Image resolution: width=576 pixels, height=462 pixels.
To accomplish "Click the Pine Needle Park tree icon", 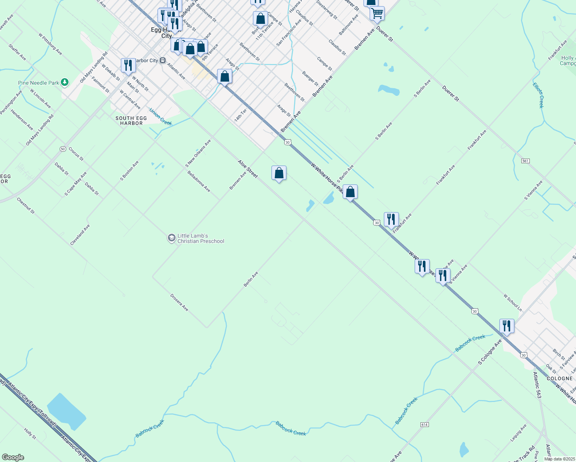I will pos(65,82).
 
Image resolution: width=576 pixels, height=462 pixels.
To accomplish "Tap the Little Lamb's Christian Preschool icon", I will pos(171,238).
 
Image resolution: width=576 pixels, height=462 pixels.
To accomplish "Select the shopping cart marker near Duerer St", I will pos(377,13).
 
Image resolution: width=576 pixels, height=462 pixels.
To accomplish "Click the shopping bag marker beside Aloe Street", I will pos(279,173).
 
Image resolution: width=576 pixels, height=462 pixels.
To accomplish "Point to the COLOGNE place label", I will pos(559,378).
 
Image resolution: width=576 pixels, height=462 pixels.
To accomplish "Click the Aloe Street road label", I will pos(248,169).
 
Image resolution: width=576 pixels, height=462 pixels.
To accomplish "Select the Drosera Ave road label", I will pos(179,303).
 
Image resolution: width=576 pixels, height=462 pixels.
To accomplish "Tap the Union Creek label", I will pos(160,117).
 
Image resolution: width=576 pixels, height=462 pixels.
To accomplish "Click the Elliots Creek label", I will pos(538,95).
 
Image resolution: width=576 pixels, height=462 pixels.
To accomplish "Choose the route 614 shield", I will pos(424,424).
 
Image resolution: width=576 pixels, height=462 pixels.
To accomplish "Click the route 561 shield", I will pos(526,161).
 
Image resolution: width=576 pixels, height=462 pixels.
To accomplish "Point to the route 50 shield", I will pos(63,149).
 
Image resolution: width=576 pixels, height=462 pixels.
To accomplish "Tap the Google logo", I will pos(13,457).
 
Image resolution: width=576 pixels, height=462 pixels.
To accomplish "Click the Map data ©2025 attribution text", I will pos(559,459).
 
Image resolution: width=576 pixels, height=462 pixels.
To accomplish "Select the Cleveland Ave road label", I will pos(80,235).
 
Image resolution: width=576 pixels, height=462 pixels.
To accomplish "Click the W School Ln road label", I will pos(512,303).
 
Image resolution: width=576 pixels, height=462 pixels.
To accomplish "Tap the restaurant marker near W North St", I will pos(128,66).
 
